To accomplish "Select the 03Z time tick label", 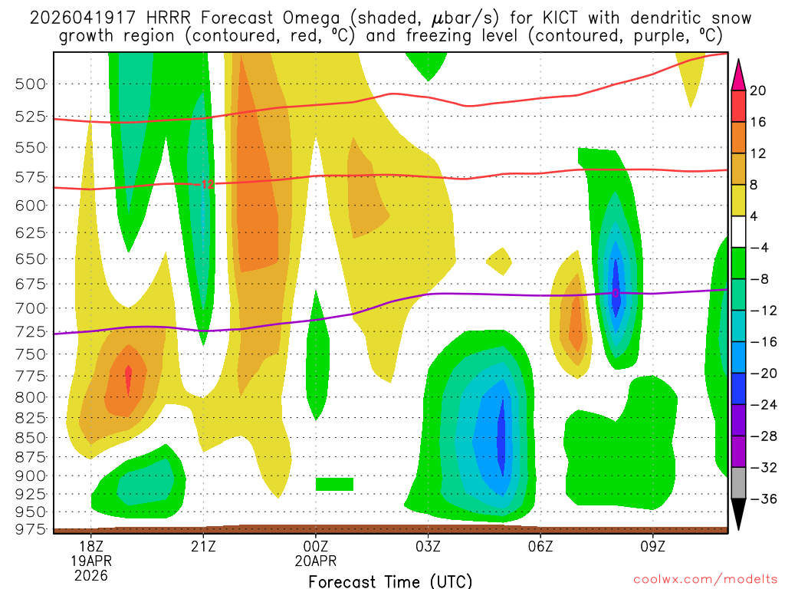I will tap(428, 547).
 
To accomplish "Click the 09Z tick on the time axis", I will tap(653, 547).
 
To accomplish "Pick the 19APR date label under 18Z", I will tap(90, 561).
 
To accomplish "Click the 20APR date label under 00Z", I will tap(316, 561).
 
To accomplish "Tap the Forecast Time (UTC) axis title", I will tap(390, 581).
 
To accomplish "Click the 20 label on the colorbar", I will tap(758, 90).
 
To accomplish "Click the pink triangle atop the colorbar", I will tap(739, 74).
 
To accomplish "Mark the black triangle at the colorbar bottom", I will tap(739, 515).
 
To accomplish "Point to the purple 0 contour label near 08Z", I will tap(616, 293).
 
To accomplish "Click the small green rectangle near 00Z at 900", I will tap(334, 484).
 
